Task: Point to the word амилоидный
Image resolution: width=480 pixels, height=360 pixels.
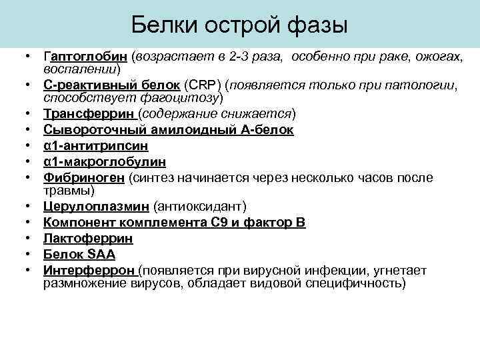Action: pyautogui.click(x=169, y=129)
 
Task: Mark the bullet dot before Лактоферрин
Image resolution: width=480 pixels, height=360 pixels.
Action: pyautogui.click(x=30, y=238)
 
